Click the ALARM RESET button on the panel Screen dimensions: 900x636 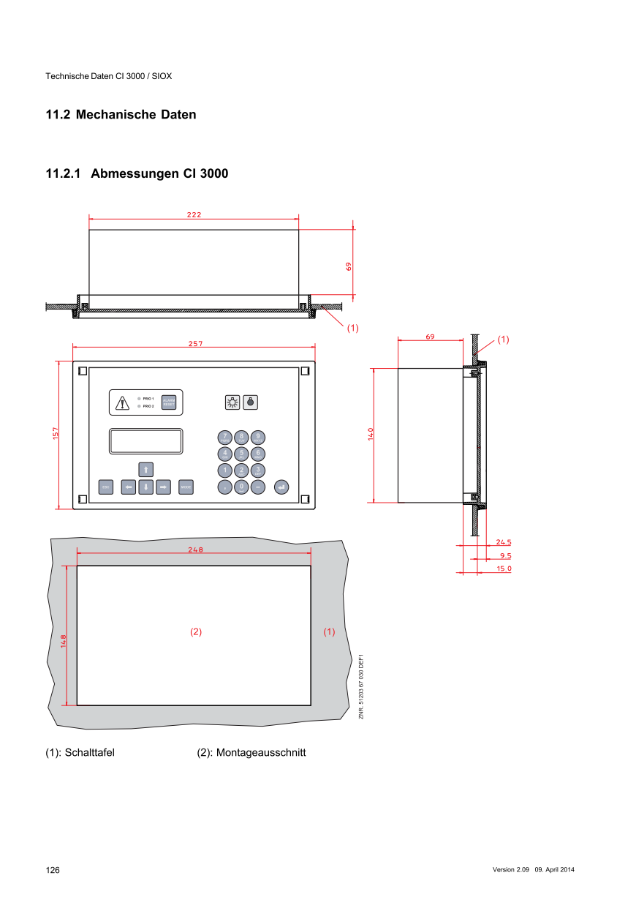(x=169, y=402)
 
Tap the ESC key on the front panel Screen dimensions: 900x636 (x=105, y=487)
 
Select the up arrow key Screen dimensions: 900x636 (x=146, y=469)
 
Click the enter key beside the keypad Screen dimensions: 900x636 (x=281, y=487)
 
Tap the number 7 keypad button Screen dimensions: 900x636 (x=224, y=438)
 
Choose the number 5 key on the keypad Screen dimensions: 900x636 (x=241, y=454)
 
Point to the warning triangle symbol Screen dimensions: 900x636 (x=123, y=402)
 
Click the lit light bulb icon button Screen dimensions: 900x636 (x=232, y=402)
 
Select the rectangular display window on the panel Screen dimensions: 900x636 (x=145, y=441)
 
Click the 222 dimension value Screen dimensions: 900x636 (x=194, y=215)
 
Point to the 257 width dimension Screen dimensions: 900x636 (x=195, y=343)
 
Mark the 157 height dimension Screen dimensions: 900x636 (x=56, y=434)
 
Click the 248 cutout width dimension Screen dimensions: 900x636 (x=195, y=550)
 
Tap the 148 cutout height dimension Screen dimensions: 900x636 (x=64, y=641)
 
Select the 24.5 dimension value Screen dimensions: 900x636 (x=503, y=542)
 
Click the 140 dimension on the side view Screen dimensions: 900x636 (x=371, y=434)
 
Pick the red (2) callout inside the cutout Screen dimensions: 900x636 (x=196, y=631)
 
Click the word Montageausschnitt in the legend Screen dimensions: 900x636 (x=261, y=753)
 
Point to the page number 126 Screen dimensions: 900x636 (x=53, y=870)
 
